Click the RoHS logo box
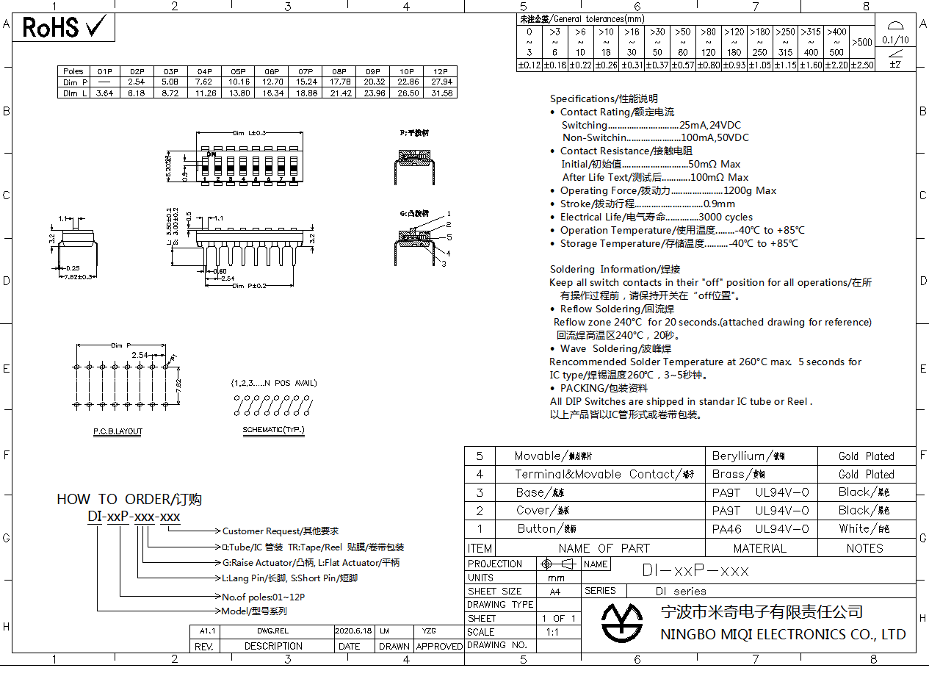coord(65,27)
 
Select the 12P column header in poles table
coord(441,71)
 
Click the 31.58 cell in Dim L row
coord(441,93)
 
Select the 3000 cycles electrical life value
coord(726,217)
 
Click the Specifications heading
coord(604,98)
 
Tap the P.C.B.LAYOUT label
coord(118,431)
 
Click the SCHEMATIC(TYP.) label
coord(273,430)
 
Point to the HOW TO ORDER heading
coord(129,499)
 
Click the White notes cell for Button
coord(865,528)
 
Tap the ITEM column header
coord(480,548)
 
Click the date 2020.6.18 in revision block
coord(353,631)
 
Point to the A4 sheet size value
coord(554,591)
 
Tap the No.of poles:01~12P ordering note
coord(263,597)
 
